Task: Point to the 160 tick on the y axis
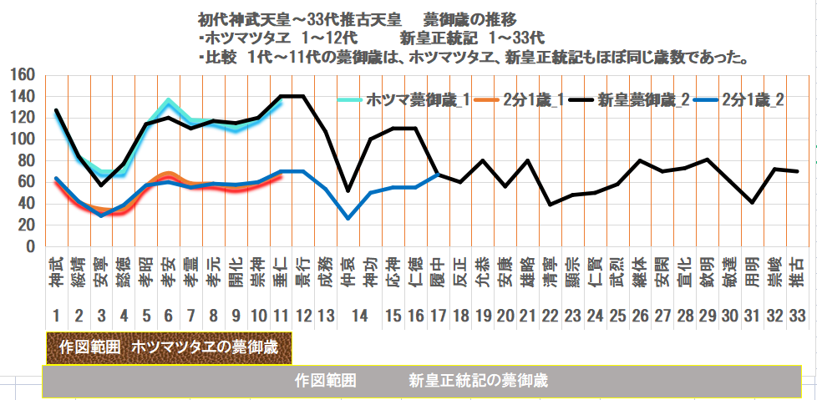click(x=22, y=75)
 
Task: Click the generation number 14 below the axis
click(x=359, y=316)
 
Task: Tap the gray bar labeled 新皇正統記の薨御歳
click(x=428, y=381)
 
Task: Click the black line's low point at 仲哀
click(x=348, y=191)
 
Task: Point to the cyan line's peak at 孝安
click(x=169, y=102)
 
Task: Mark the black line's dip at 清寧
click(x=550, y=205)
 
